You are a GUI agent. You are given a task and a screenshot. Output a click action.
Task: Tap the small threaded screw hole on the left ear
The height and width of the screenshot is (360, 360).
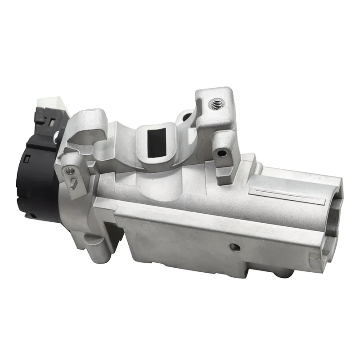pyautogui.click(x=69, y=170)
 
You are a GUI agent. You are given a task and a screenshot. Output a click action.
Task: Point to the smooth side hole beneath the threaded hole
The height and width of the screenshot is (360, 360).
pyautogui.click(x=221, y=153)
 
